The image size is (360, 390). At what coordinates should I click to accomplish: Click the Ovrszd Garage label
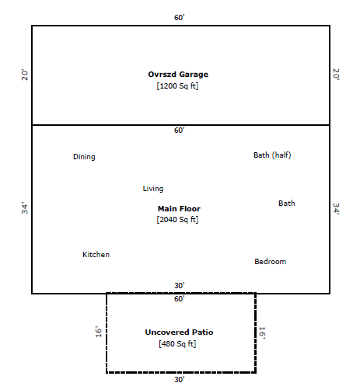[x=178, y=75]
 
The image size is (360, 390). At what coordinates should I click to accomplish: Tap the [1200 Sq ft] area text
[x=178, y=85]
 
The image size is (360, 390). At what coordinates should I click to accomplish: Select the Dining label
[x=84, y=157]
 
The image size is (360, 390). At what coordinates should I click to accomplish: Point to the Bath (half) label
[x=272, y=155]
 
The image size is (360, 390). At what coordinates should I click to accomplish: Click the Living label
[x=153, y=189]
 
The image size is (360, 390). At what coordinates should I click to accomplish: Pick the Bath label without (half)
[x=287, y=204]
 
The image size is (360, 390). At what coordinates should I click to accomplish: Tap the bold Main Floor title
[x=179, y=209]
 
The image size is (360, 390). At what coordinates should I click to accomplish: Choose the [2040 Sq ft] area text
[x=178, y=220]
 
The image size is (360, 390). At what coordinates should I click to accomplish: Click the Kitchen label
[x=96, y=255]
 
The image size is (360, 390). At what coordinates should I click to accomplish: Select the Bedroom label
[x=270, y=262]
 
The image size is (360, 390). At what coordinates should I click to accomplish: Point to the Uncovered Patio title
[x=179, y=333]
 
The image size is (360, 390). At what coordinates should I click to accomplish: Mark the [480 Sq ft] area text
[x=179, y=343]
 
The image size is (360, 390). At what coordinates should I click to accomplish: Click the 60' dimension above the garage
[x=180, y=17]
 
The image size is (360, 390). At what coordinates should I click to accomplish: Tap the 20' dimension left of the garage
[x=24, y=75]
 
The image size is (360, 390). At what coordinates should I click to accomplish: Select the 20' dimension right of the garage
[x=336, y=75]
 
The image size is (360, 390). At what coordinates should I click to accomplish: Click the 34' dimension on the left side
[x=24, y=209]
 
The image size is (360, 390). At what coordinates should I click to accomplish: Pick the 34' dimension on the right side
[x=336, y=209]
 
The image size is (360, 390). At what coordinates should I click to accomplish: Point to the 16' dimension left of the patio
[x=99, y=333]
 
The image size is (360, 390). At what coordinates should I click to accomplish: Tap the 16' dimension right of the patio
[x=262, y=333]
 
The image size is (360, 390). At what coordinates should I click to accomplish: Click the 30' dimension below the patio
[x=179, y=380]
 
